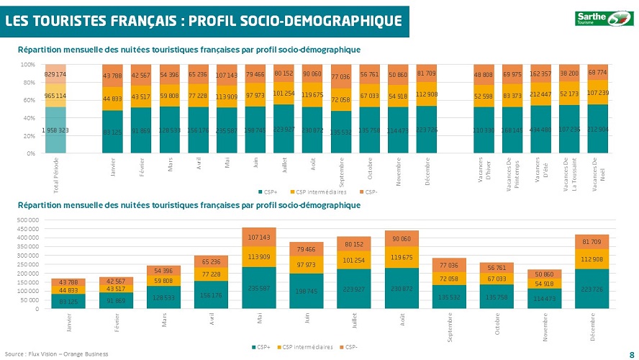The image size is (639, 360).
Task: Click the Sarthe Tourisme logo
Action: [601, 18]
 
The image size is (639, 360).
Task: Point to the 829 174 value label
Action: [55, 74]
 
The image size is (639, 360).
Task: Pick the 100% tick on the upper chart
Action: [29, 65]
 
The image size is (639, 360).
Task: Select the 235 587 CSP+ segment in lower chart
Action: [258, 287]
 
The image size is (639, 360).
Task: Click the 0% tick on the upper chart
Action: [31, 153]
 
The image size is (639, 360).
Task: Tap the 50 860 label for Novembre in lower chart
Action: [543, 274]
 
